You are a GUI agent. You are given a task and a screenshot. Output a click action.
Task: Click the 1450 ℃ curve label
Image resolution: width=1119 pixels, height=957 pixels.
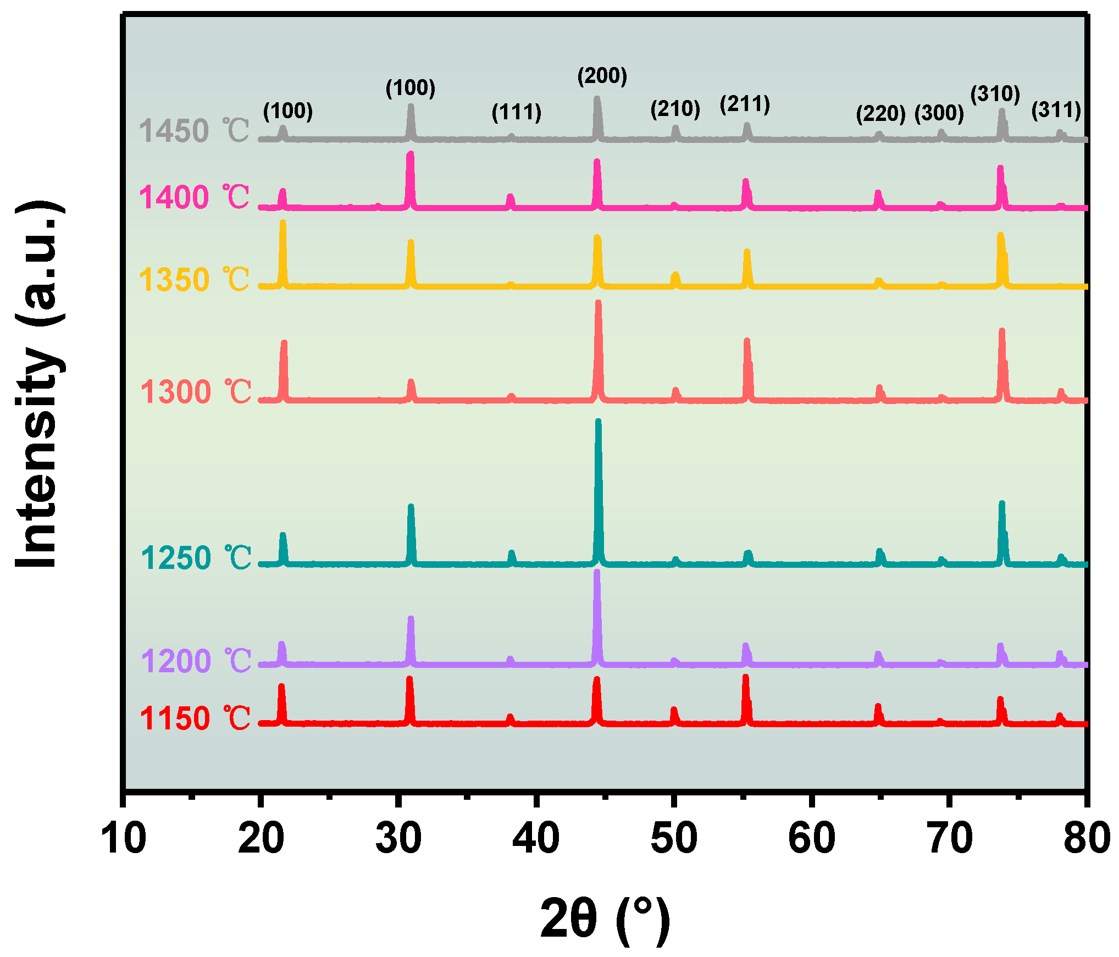193,131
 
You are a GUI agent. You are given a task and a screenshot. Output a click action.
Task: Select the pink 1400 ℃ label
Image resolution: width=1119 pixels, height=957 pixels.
193,197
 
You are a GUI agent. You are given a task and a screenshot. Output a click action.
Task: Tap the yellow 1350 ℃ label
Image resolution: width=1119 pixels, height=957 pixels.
193,279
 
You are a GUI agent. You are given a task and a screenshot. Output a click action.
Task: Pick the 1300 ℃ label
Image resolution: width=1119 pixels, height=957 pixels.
195,392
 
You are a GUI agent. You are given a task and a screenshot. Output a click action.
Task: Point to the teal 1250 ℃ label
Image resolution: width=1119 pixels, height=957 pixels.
195,558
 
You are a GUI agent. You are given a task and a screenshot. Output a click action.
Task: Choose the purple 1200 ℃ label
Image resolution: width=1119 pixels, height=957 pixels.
195,661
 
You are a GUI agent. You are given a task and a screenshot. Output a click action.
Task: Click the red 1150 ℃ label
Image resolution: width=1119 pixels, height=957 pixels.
195,718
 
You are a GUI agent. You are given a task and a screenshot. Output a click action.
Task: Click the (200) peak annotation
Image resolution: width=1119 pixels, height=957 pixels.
602,76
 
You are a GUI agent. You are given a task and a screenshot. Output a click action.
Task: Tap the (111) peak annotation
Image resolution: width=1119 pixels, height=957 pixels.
516,112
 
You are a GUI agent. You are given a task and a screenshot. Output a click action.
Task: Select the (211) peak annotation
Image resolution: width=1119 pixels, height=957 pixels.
745,104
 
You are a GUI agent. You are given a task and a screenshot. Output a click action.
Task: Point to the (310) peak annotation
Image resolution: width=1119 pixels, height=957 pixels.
995,94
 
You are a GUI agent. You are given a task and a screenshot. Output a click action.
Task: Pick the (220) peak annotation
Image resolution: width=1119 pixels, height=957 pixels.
880,114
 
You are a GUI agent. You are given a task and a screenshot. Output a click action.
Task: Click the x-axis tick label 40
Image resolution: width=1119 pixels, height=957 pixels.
536,838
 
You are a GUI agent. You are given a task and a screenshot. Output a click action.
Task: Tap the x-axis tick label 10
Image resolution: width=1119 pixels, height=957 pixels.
124,838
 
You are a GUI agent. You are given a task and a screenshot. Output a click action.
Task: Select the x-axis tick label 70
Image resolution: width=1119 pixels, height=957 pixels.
949,838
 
